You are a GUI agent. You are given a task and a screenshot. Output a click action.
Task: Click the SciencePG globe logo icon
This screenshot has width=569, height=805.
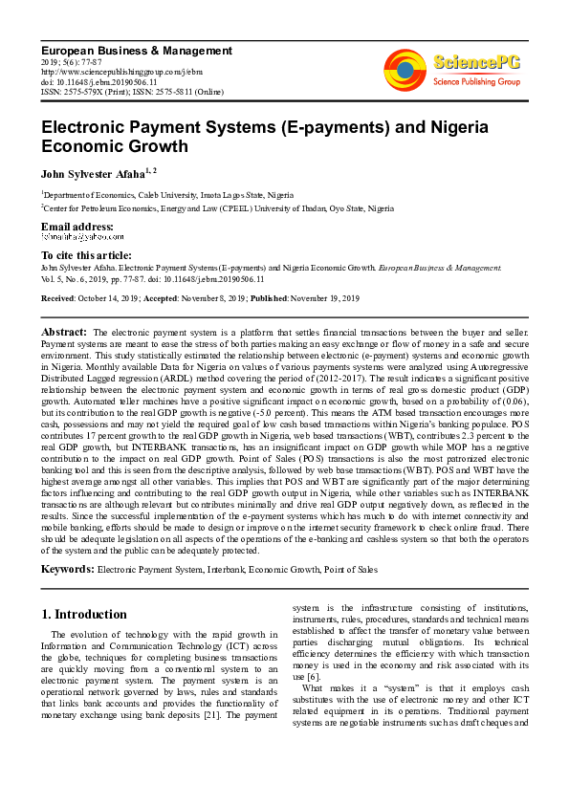[405, 70]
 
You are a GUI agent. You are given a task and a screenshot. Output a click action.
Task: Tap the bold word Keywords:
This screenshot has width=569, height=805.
[67, 569]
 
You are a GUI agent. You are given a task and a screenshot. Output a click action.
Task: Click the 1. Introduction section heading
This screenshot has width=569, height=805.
[84, 614]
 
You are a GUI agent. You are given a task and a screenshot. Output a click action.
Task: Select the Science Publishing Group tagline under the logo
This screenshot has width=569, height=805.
[477, 83]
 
